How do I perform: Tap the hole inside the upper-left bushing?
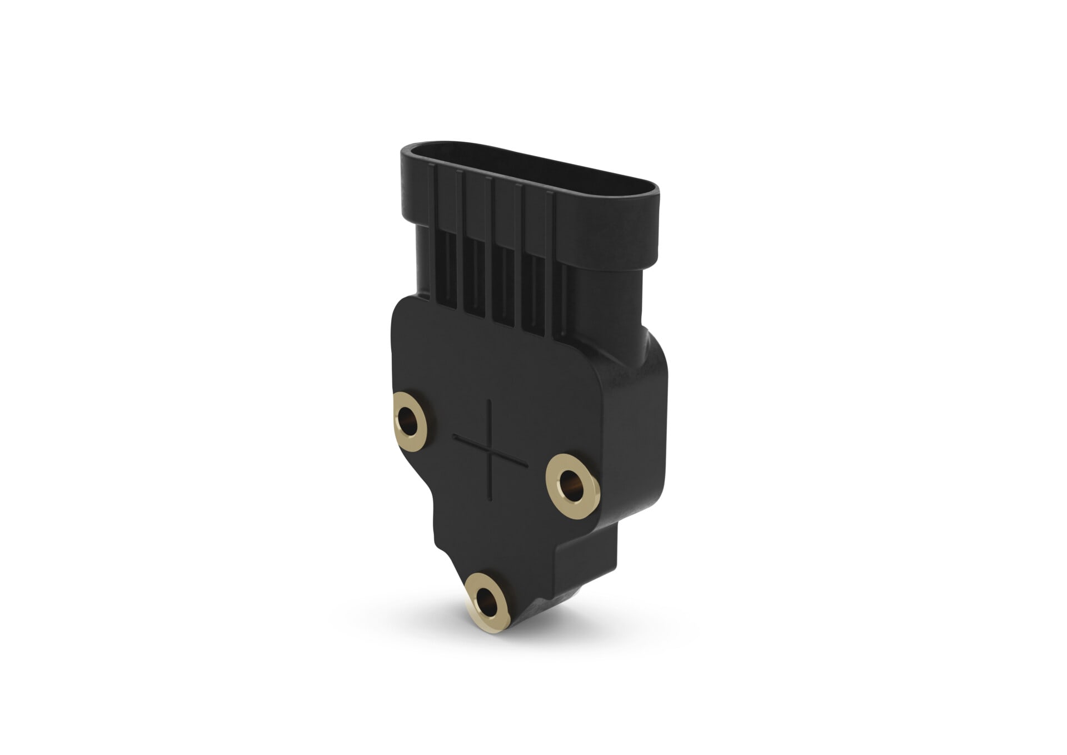coord(410,416)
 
